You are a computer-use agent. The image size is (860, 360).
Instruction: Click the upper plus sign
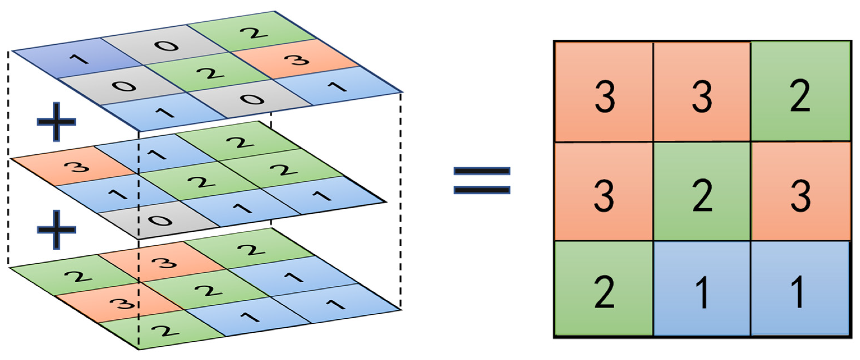point(56,121)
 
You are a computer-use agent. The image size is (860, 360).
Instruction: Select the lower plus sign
point(56,230)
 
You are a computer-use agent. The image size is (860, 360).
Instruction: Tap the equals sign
point(481,181)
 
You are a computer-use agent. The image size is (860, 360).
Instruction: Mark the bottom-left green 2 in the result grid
point(604,288)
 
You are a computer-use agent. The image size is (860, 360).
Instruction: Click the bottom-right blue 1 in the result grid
point(800,288)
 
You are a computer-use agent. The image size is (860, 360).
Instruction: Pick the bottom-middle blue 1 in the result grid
point(702,288)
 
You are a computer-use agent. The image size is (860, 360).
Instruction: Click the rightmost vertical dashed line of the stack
point(400,200)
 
